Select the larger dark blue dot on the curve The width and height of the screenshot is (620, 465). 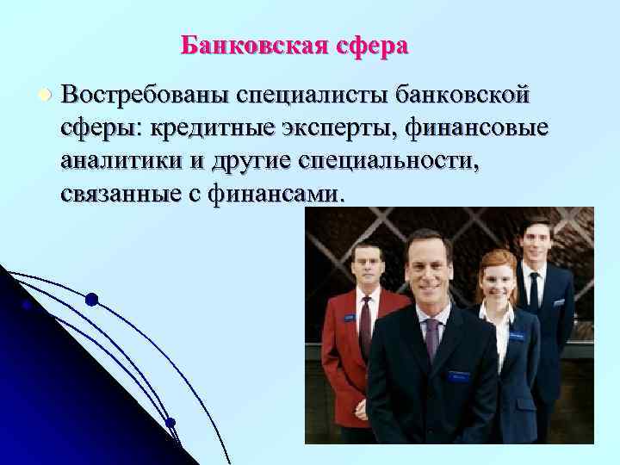91,299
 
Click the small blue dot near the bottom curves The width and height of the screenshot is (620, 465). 170,422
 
